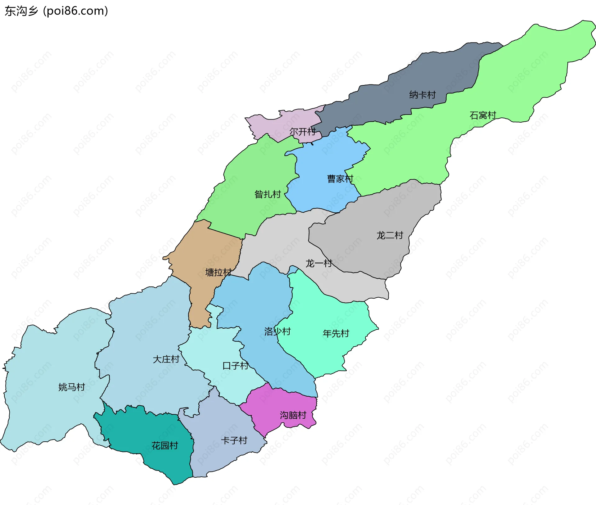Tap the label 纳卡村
422,95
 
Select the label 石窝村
483,115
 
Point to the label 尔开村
303,132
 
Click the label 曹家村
340,179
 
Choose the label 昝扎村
268,194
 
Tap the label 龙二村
390,235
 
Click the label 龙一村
319,264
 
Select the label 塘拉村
219,273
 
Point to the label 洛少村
277,331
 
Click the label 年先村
336,334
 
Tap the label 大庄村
166,359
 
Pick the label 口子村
236,366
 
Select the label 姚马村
72,387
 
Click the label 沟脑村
293,415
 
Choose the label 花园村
165,446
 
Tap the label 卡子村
234,440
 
